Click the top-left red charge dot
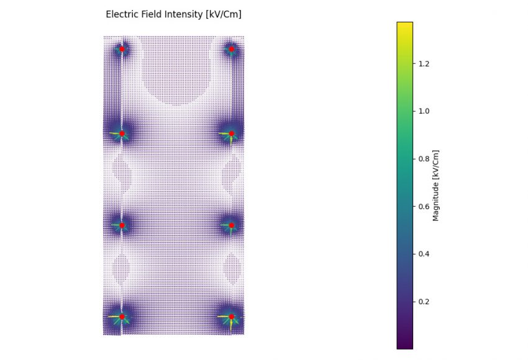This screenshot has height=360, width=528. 122,48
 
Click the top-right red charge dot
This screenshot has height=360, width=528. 232,48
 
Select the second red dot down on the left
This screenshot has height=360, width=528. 122,133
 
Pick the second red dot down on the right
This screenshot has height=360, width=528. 232,133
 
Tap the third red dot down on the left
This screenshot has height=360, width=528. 122,225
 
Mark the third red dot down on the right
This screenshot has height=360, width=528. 232,225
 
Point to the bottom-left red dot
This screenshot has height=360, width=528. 122,317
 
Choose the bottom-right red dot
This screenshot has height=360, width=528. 232,317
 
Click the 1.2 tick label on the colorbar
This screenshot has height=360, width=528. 425,63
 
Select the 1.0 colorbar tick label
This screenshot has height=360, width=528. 425,111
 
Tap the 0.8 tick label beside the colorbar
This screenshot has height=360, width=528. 425,159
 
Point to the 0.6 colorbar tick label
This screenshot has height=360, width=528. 425,206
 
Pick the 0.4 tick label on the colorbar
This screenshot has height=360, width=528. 425,254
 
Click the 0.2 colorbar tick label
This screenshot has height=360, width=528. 425,301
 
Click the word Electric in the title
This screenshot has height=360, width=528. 122,14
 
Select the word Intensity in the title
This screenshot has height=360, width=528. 186,14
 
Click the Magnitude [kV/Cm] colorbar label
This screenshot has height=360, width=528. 436,185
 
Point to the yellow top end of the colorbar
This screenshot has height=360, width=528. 404,25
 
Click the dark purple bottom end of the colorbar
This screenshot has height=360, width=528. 404,345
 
